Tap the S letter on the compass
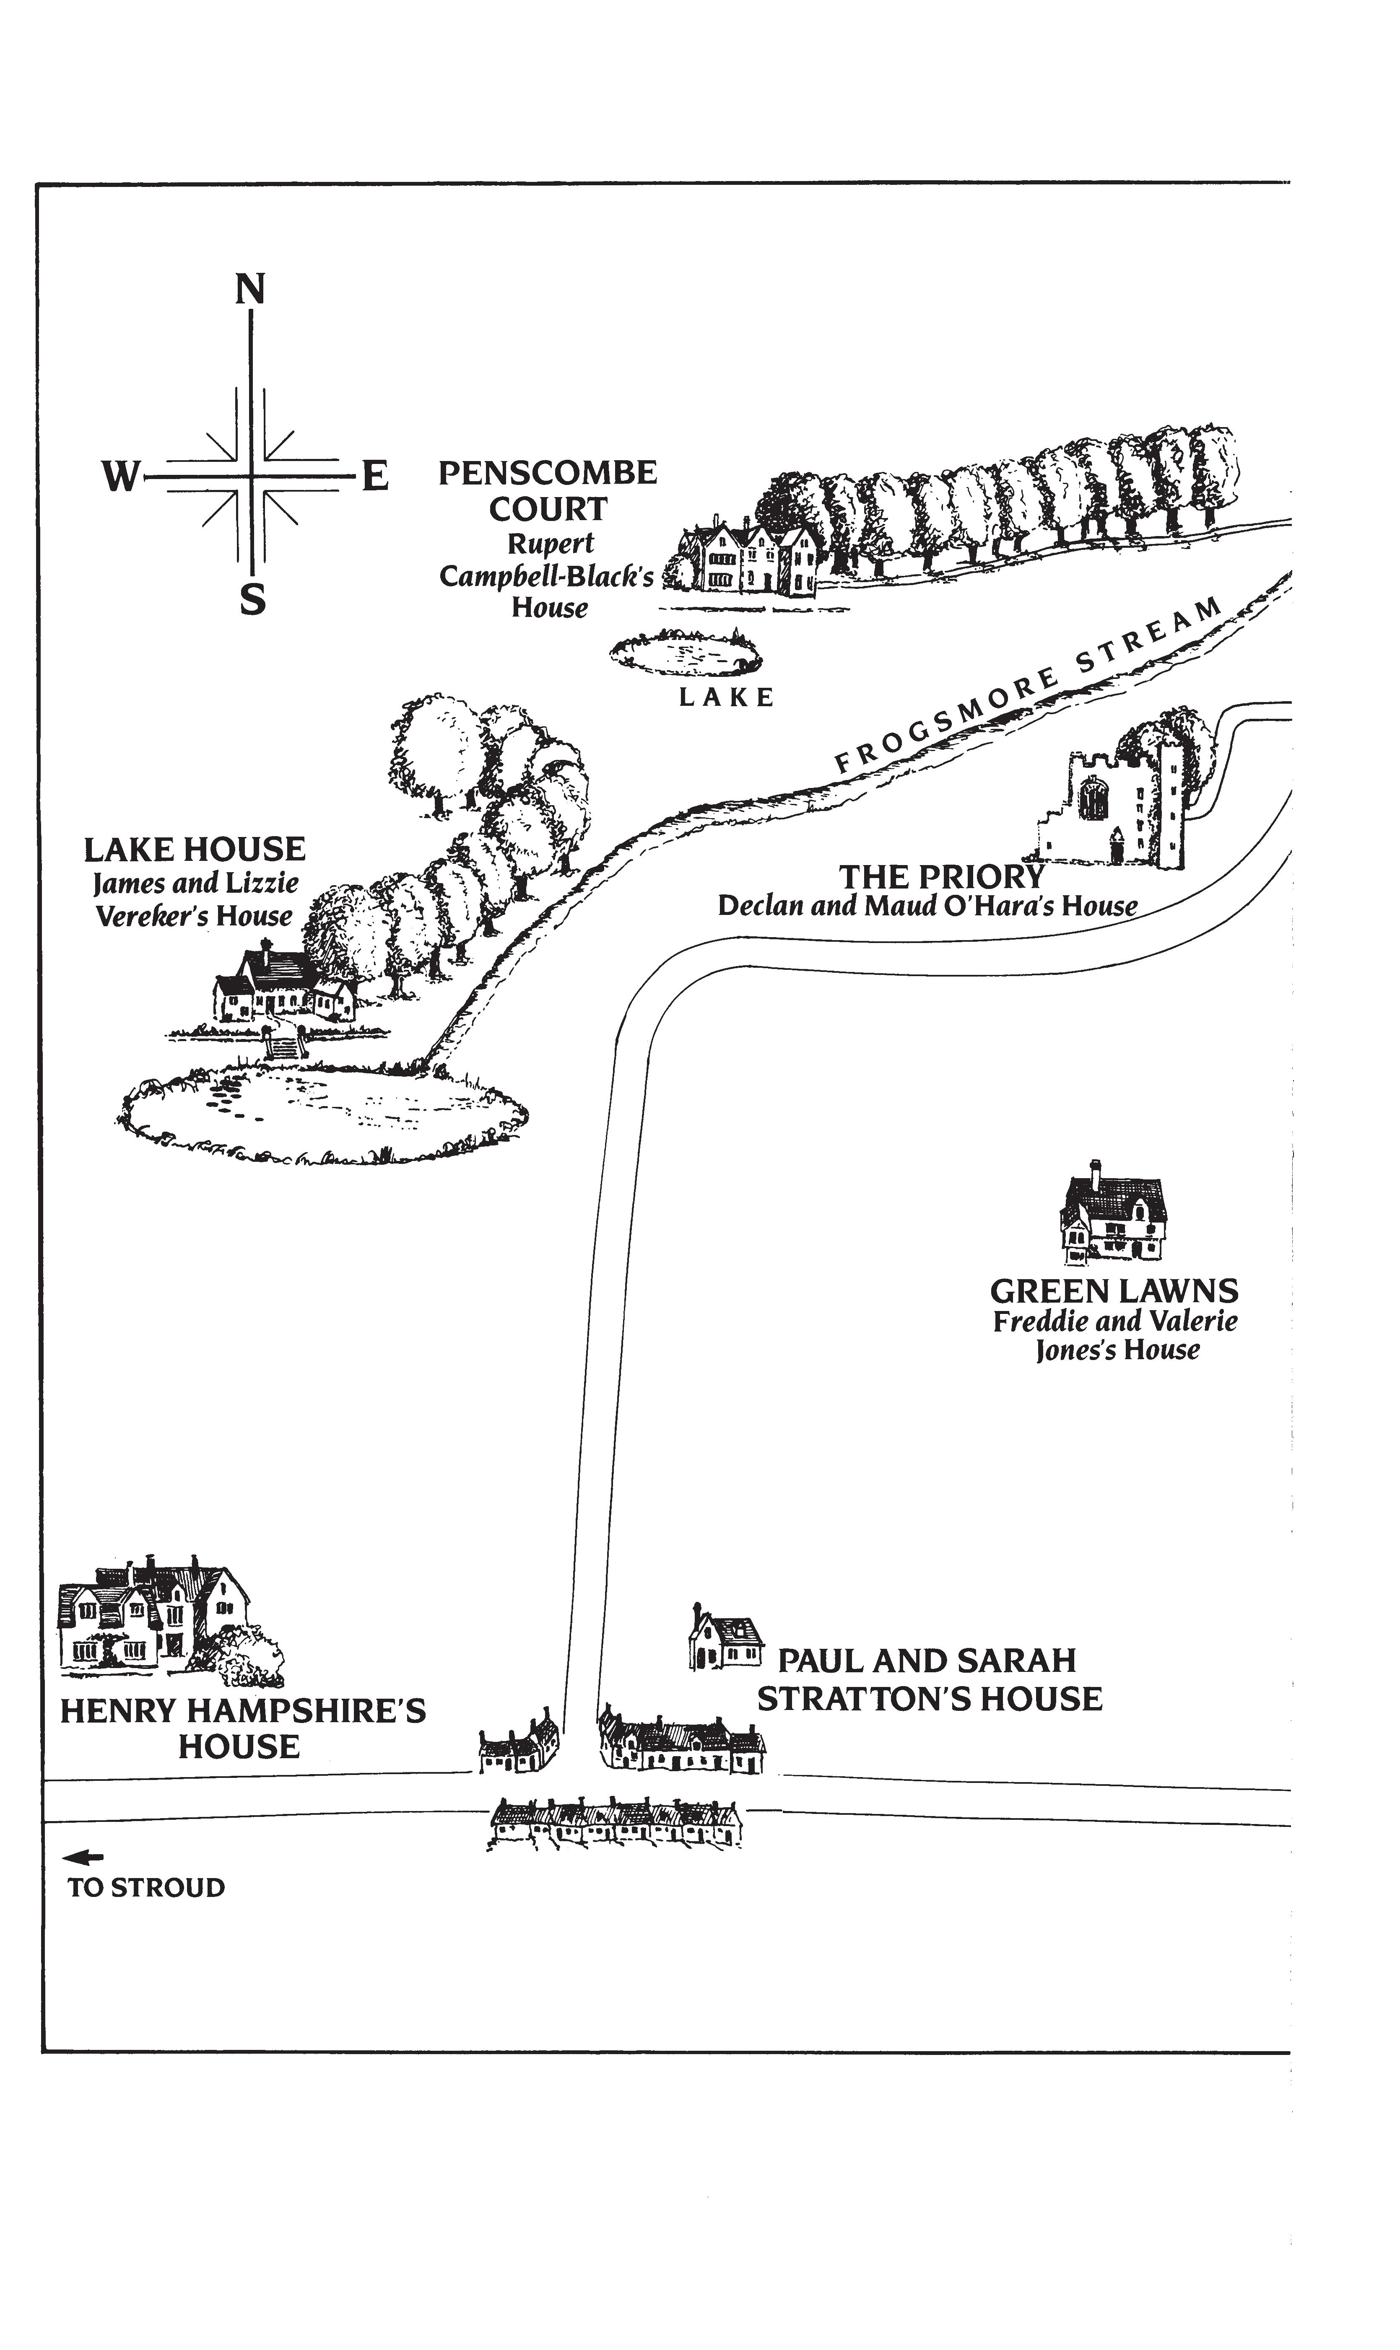252,600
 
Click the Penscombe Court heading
547,490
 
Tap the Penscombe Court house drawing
750,558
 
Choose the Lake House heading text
195,850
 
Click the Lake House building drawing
283,988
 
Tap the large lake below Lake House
321,1113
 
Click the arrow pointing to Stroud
83,1858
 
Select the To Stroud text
146,1888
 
